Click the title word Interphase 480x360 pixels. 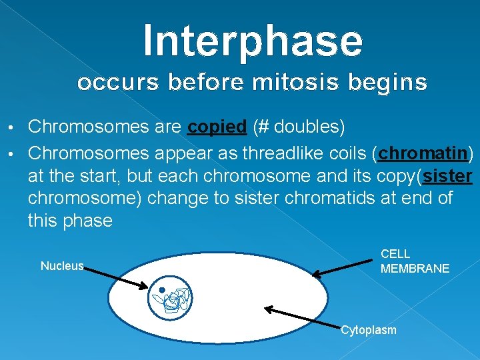tap(253, 40)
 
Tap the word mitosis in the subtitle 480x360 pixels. tap(303, 83)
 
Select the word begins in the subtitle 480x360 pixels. tap(392, 83)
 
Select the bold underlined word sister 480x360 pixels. tap(447, 176)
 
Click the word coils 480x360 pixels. tap(347, 154)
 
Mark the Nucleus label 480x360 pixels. tap(62, 266)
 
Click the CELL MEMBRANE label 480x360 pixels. tap(414, 261)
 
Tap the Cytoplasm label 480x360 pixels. tap(368, 330)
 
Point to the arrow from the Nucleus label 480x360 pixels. tap(117, 277)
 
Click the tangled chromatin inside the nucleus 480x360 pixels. tap(175, 299)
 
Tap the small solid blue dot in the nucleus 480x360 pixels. tap(162, 290)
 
